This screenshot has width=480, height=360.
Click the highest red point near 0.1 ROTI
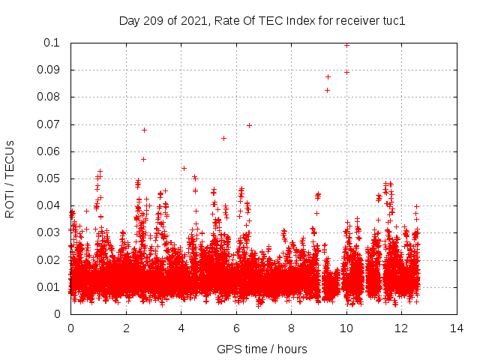[x=346, y=45]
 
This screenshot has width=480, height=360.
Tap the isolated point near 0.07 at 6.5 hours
[x=249, y=125]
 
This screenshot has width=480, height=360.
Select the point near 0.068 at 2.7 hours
[x=144, y=130]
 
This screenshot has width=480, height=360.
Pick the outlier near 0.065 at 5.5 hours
[x=223, y=138]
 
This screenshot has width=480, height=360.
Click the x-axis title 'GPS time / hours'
[x=262, y=349]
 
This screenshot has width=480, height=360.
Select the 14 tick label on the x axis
[x=456, y=328]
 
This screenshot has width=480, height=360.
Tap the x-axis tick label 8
[x=291, y=328]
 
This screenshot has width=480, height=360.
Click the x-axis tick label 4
[x=181, y=328]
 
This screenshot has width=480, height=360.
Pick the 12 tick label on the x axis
[x=401, y=328]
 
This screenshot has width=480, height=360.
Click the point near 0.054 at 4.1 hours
[x=184, y=168]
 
